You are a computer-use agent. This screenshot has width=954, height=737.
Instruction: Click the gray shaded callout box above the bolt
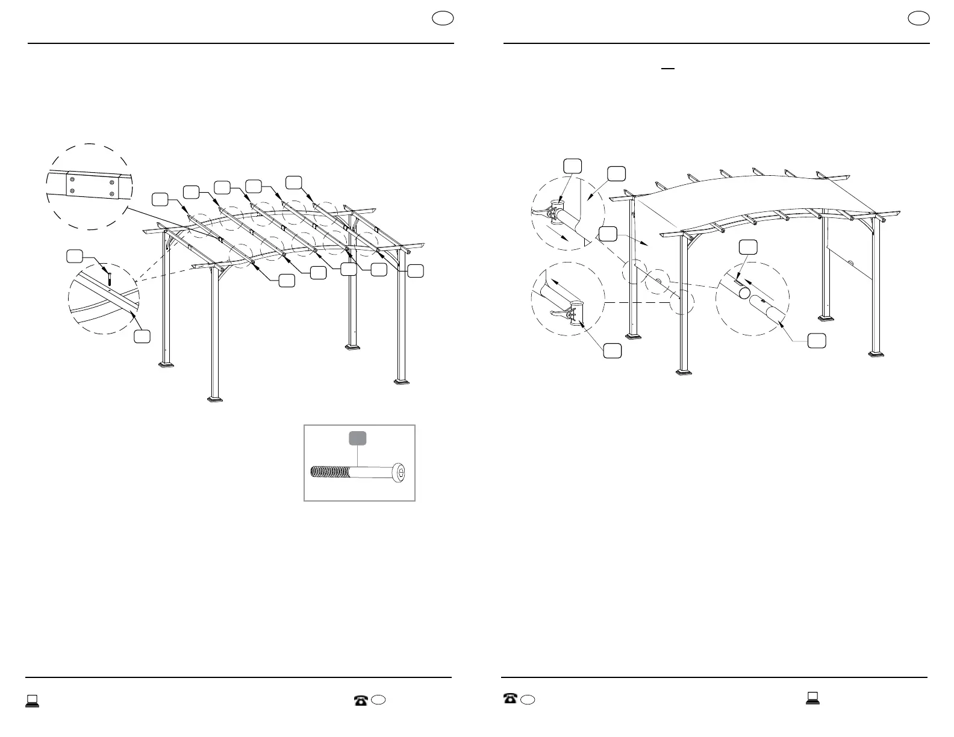click(x=358, y=438)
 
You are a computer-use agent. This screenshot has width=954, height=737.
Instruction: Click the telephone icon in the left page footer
click(x=361, y=700)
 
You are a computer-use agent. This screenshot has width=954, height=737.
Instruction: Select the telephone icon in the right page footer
click(x=510, y=698)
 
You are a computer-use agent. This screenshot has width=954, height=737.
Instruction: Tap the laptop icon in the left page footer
click(x=32, y=700)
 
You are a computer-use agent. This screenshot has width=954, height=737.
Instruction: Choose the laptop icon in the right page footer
click(x=812, y=698)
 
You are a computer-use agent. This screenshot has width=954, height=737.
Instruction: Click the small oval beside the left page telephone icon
click(x=378, y=700)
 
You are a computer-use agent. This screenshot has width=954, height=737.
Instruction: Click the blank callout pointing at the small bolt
click(x=74, y=256)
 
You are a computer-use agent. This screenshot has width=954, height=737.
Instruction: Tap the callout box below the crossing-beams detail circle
click(x=142, y=337)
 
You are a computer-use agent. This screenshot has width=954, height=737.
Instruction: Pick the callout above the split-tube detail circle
click(x=748, y=246)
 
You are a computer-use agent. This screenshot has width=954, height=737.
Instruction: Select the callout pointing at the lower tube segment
click(x=816, y=340)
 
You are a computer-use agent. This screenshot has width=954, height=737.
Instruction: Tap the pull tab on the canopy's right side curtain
click(x=851, y=262)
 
